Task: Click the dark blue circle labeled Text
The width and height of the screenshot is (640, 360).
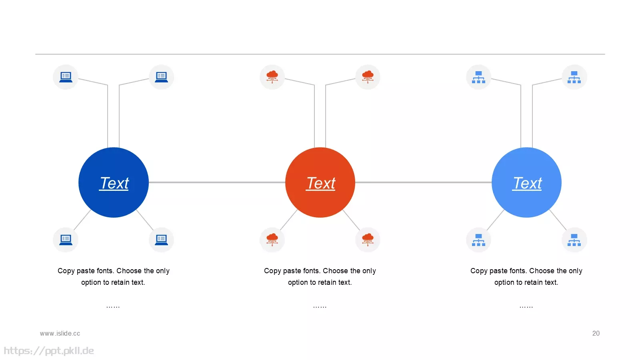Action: [x=114, y=182]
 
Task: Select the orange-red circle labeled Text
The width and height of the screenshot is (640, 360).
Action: [x=320, y=182]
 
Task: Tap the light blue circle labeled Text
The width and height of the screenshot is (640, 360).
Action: [x=526, y=182]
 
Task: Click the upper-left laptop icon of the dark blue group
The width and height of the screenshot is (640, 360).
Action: [x=66, y=77]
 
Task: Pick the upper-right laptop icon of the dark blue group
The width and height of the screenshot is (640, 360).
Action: [x=161, y=77]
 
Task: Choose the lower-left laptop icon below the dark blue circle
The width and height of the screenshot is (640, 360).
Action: [x=66, y=240]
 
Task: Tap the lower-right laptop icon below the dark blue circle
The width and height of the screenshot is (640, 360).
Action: [x=161, y=240]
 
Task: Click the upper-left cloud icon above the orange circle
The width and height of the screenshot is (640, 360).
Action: [x=272, y=76]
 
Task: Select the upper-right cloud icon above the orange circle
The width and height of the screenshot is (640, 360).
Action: [x=368, y=76]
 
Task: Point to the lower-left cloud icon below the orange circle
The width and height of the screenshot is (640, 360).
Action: [x=272, y=240]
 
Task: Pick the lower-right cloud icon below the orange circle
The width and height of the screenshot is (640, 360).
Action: [x=368, y=240]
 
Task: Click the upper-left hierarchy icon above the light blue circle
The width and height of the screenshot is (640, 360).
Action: [x=478, y=77]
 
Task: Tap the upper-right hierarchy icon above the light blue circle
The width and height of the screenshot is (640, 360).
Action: [x=574, y=77]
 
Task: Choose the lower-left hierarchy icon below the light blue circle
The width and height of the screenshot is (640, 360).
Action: [x=478, y=240]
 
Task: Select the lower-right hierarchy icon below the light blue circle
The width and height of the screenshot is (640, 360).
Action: [x=574, y=240]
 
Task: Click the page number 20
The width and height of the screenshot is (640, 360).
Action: [x=596, y=334]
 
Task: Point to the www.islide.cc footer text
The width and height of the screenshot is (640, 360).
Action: [x=60, y=334]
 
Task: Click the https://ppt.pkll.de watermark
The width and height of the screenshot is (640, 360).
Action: [x=49, y=351]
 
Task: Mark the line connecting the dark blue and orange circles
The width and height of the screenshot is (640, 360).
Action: [x=217, y=182]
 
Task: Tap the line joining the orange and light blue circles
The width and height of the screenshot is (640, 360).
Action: [x=424, y=182]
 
